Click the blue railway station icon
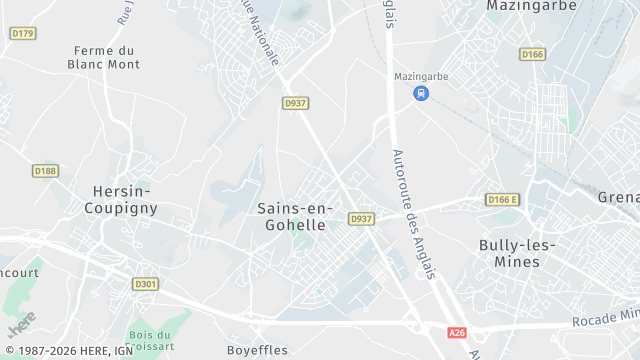pyautogui.click(x=422, y=94)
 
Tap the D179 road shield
pyautogui.click(x=22, y=33)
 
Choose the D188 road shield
pyautogui.click(x=45, y=171)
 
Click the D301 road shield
pyautogui.click(x=145, y=283)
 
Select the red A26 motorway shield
pyautogui.click(x=457, y=331)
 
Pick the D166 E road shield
pyautogui.click(x=504, y=200)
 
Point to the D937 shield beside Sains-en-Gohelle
pyautogui.click(x=361, y=219)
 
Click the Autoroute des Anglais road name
pyautogui.click(x=412, y=200)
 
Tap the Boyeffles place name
pyautogui.click(x=257, y=350)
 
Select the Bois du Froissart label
pyautogui.click(x=151, y=342)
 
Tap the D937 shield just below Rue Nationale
pyautogui.click(x=295, y=102)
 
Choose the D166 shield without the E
pyautogui.click(x=533, y=54)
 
